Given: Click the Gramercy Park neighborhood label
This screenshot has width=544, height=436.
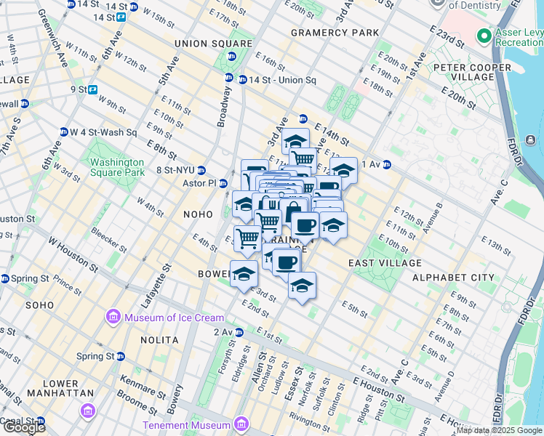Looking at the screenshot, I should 335,33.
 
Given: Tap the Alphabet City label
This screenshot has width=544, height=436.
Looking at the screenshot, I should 453,278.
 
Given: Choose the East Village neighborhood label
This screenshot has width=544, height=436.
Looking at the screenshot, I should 385,262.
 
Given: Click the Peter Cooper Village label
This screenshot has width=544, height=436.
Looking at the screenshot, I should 474,72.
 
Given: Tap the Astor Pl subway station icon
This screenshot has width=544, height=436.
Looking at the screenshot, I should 224,183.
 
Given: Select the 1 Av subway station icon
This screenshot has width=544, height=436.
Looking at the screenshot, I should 387,164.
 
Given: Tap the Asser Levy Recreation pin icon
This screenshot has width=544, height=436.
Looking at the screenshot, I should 484,35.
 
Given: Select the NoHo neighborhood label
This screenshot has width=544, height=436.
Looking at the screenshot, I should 199,215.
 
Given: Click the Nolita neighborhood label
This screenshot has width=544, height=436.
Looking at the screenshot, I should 161,339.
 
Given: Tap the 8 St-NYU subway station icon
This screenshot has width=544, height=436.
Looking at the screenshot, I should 201,171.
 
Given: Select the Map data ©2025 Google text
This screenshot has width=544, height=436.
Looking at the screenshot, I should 499,430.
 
